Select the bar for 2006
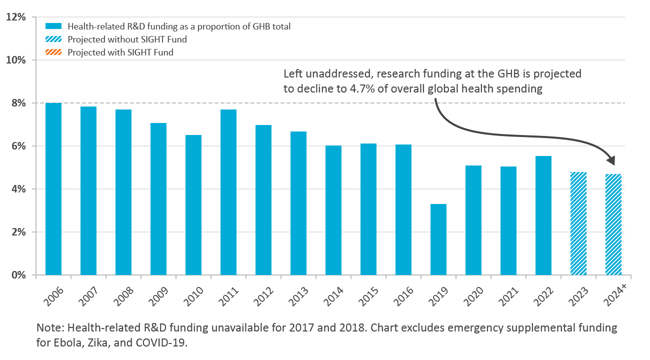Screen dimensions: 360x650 point(53,189)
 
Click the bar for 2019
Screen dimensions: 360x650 point(438,239)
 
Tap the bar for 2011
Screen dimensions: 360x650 point(228,192)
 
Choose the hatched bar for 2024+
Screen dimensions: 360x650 point(613,224)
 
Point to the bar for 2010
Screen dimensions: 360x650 point(193,205)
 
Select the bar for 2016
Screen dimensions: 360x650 point(403,210)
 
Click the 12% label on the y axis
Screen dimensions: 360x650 point(15,17)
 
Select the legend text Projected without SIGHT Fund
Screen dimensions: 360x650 point(127,39)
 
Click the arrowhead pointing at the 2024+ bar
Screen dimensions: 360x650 point(611,161)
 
